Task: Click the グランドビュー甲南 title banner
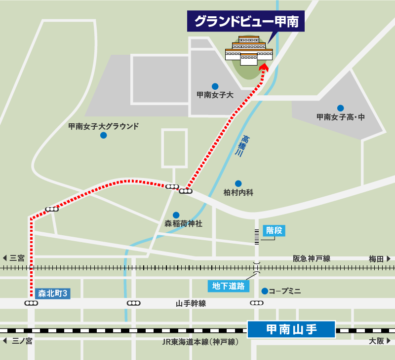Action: tap(245, 22)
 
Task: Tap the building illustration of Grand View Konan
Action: tap(249, 51)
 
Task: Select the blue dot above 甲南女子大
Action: tap(215, 86)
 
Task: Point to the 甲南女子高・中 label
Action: tap(340, 117)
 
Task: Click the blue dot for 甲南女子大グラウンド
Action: tap(103, 135)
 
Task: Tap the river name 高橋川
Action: tap(242, 146)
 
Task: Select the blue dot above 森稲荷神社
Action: tap(176, 215)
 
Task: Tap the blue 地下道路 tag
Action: tap(228, 286)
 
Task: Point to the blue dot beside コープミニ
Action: tap(265, 291)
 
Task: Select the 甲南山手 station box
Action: tap(291, 329)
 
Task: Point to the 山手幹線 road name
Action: tap(191, 303)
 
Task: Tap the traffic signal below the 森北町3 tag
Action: tap(31, 303)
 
